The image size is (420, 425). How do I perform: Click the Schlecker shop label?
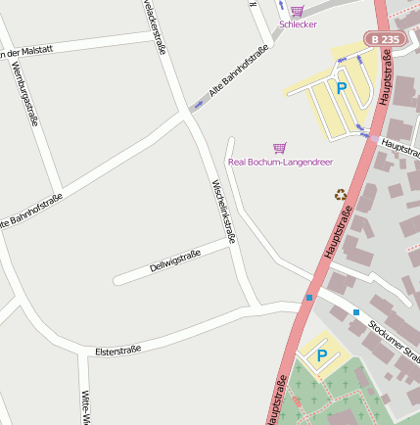pos(298,24)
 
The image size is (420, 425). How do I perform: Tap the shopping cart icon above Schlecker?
pos(298,10)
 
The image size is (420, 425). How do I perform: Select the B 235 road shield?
pos(385,39)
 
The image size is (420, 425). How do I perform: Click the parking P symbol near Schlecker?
pos(342,88)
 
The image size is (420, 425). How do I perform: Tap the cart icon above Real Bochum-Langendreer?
pos(280,148)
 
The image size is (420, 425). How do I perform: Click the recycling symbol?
pos(341,194)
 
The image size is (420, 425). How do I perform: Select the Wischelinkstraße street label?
pos(224,211)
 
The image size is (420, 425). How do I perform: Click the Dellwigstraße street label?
pos(175,261)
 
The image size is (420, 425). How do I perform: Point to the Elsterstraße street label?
pos(118,350)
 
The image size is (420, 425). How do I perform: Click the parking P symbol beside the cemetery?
pos(320,356)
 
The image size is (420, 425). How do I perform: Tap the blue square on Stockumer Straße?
pos(356,312)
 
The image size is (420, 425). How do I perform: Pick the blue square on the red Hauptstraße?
pos(309,298)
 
